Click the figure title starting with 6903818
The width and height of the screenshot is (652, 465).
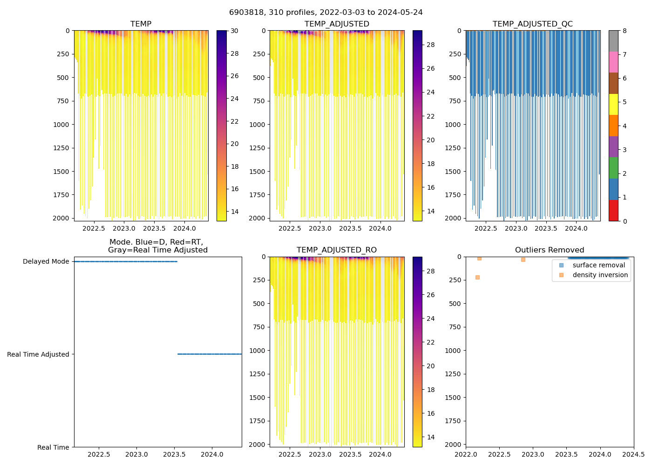tap(326, 13)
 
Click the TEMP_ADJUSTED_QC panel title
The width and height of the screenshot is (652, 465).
tap(532, 24)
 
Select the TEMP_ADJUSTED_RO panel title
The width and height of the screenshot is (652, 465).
tap(336, 250)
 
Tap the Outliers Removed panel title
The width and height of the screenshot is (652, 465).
tap(549, 250)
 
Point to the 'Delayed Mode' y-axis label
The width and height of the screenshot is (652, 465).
tap(46, 261)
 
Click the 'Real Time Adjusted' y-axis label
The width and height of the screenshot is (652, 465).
tap(38, 354)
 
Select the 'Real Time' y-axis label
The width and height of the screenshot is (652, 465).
tap(53, 447)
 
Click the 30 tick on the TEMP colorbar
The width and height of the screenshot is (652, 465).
tap(234, 31)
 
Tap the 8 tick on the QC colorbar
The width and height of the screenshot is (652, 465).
tap(625, 31)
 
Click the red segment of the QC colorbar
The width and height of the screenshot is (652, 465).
tap(613, 210)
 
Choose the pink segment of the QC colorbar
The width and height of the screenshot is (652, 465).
tap(613, 62)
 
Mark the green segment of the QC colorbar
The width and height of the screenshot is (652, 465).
tap(613, 168)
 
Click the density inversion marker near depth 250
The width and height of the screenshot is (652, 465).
tap(477, 277)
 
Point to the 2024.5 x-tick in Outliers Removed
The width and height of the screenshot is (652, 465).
tap(633, 454)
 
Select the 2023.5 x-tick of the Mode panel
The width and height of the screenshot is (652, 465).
tap(175, 454)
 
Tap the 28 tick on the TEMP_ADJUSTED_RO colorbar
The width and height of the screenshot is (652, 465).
tap(431, 271)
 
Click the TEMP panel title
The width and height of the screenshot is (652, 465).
tap(141, 24)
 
